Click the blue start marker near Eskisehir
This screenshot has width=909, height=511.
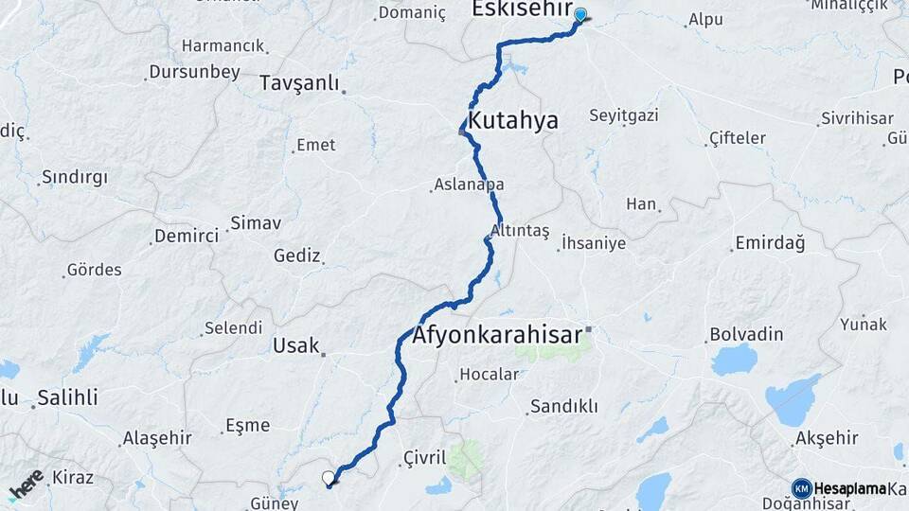[580, 15]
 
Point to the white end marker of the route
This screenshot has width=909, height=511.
[329, 479]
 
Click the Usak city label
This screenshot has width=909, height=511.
[295, 346]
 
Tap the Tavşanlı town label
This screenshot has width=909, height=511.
[298, 83]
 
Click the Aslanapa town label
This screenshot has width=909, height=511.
[469, 185]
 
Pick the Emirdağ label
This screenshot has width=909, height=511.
[770, 243]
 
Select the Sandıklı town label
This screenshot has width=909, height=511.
[563, 406]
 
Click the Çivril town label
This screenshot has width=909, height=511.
[424, 457]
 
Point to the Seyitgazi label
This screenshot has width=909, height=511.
[624, 115]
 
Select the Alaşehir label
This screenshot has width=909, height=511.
[157, 438]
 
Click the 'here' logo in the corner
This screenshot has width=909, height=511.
[25, 484]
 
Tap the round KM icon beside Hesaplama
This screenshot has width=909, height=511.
[802, 488]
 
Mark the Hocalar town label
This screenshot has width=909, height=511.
[489, 374]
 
